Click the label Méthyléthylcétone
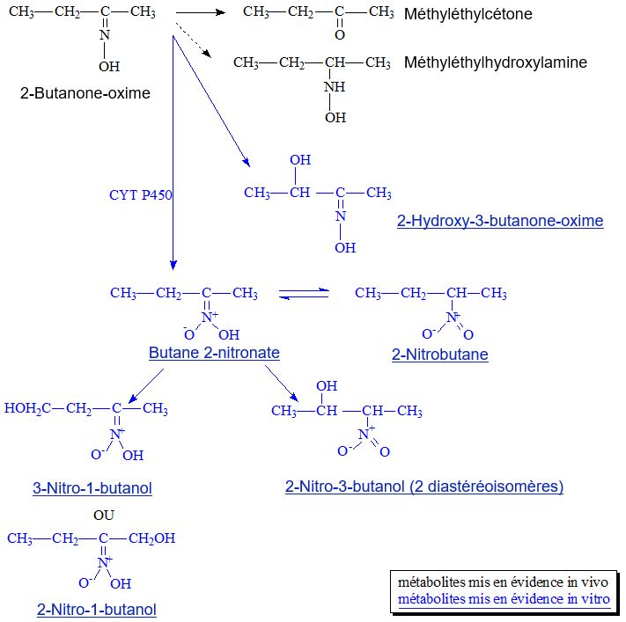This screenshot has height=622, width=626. click(x=468, y=15)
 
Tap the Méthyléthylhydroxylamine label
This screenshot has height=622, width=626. click(x=495, y=62)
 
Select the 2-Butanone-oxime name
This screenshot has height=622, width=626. click(x=85, y=93)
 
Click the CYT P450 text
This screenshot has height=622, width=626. click(x=140, y=195)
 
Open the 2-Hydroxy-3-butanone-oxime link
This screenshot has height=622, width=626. click(x=500, y=221)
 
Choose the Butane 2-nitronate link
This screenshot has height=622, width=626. click(x=214, y=353)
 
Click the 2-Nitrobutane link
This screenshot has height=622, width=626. click(x=439, y=355)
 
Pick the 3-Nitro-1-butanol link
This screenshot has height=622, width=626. click(x=92, y=488)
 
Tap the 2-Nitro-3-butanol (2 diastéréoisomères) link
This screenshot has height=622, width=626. click(x=423, y=487)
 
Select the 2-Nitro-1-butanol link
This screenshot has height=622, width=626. click(x=97, y=609)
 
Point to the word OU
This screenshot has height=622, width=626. click(x=104, y=516)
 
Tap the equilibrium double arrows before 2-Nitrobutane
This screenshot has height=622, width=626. click(x=303, y=294)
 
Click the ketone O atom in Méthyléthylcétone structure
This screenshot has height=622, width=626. click(x=340, y=36)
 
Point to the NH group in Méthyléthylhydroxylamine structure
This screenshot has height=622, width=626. click(x=335, y=87)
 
